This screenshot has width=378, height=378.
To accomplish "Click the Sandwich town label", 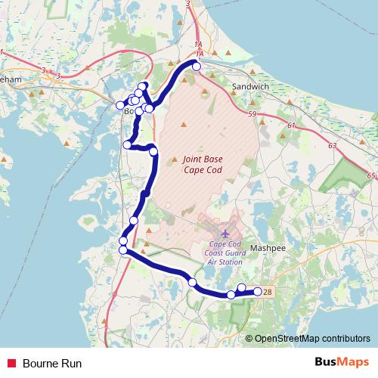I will [250, 86].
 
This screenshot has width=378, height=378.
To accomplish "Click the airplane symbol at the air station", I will [225, 233].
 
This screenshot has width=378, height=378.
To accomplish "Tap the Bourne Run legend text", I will [52, 364].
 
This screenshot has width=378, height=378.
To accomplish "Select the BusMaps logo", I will [336, 363].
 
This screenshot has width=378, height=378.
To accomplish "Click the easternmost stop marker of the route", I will [257, 291].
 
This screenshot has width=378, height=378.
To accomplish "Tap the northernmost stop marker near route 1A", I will [197, 67].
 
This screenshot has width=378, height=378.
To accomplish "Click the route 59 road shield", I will [253, 114].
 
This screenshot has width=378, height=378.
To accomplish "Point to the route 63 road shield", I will [332, 144].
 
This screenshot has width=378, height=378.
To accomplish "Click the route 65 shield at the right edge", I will [370, 175].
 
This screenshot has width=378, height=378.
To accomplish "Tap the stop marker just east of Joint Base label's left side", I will [154, 152].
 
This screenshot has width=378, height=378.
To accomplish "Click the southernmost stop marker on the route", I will [231, 295].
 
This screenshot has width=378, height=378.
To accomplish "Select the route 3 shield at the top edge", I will [187, 4].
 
